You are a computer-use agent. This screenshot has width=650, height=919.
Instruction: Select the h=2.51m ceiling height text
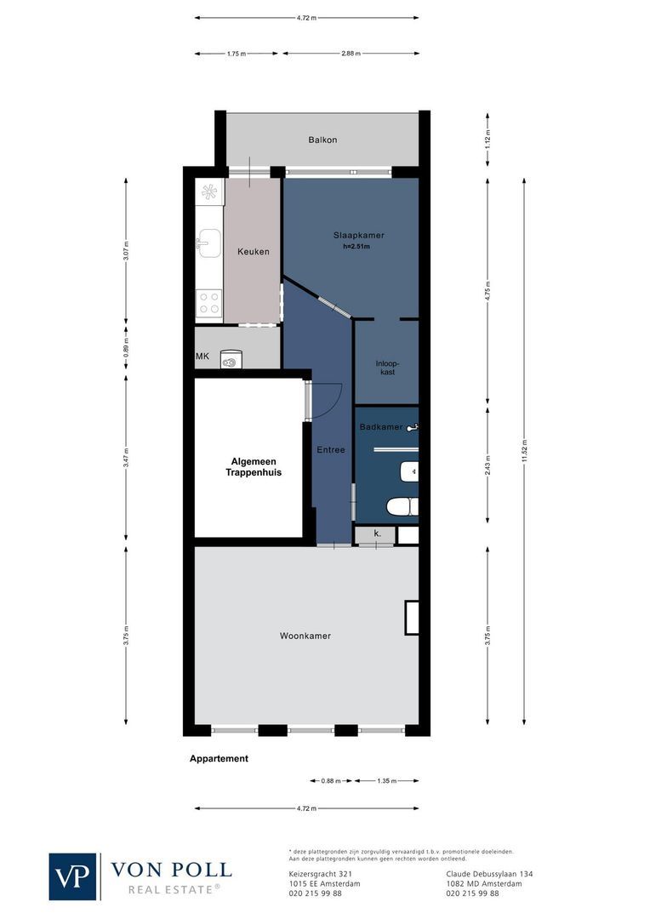coord(356,248)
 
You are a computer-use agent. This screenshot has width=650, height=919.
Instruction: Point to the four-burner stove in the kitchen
coord(208,302)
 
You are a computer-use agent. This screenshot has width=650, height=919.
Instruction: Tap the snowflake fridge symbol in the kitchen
coord(209,192)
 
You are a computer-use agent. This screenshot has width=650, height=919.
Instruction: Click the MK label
coord(202,357)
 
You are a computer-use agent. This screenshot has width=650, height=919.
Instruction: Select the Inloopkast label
coord(386,368)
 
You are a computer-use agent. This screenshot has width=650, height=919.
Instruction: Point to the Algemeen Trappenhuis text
coord(253,466)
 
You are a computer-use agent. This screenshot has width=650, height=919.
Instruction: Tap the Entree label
coord(330,449)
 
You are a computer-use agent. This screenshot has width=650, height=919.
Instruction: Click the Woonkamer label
coord(305,636)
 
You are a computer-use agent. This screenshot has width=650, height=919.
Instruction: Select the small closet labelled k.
coord(376,534)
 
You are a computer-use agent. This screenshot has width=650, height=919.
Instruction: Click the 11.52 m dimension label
coord(525,451)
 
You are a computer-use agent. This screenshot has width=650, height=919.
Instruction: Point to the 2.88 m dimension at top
coord(351,54)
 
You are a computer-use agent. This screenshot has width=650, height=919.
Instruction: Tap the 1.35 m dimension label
coord(386,780)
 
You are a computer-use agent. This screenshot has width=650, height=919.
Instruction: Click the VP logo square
coord(73,876)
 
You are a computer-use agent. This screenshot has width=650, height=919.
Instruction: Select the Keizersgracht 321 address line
coord(314,873)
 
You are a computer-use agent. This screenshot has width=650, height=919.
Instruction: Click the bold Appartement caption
coord(219,758)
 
